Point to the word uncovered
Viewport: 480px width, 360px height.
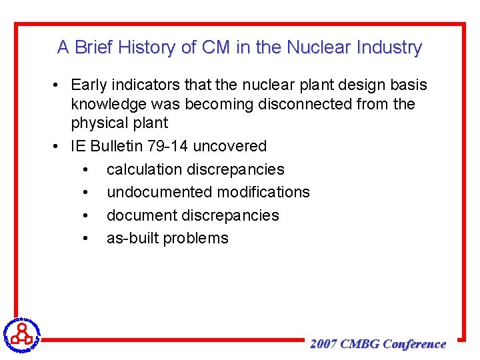coord(230,146)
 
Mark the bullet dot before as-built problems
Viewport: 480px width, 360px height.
coord(86,239)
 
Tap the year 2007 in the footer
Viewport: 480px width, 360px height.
coord(323,344)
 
